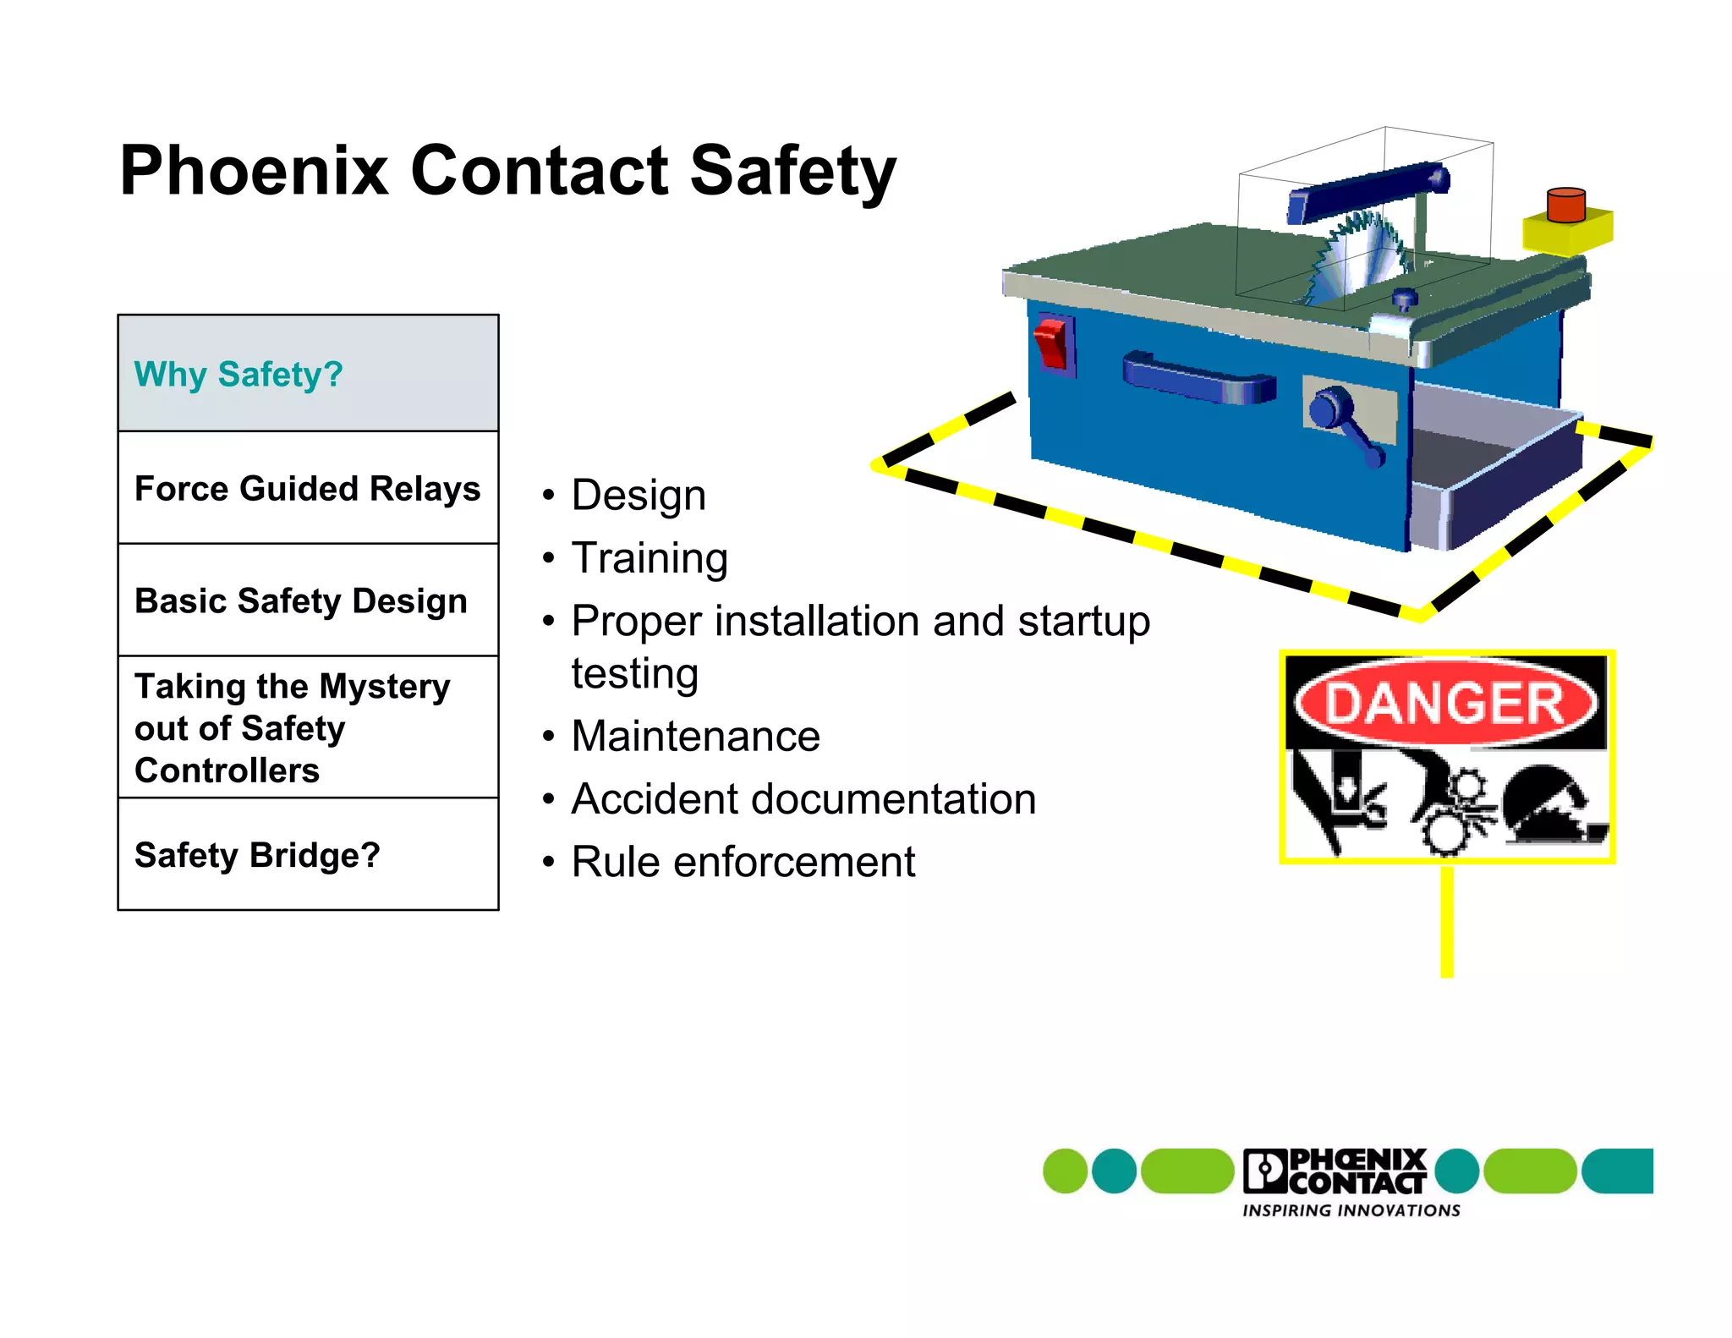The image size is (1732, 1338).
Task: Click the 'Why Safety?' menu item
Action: tap(238, 374)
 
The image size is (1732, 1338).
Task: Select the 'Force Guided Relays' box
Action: tap(308, 488)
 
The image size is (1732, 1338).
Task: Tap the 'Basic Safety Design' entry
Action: tap(301, 600)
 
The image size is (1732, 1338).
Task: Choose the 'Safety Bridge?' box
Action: tap(257, 855)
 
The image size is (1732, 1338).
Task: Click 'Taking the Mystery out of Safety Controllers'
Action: tap(292, 727)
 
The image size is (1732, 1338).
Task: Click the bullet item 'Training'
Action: tap(649, 558)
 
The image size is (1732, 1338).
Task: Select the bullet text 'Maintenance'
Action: tap(695, 736)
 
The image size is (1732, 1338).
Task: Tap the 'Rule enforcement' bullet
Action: tap(743, 862)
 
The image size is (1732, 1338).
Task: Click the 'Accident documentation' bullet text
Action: tap(803, 799)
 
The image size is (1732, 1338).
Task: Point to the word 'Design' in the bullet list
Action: tap(639, 495)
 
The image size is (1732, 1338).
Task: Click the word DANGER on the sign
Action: tap(1445, 704)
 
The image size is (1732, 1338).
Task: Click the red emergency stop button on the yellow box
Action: tap(1565, 205)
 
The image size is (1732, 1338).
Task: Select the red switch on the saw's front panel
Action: tap(1052, 343)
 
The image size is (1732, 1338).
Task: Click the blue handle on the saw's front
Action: tap(1199, 379)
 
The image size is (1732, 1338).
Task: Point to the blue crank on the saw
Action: tap(1345, 423)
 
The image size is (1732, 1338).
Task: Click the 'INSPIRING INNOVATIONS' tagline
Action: tap(1351, 1210)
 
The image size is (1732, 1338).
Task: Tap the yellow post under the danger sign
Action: tap(1447, 922)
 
